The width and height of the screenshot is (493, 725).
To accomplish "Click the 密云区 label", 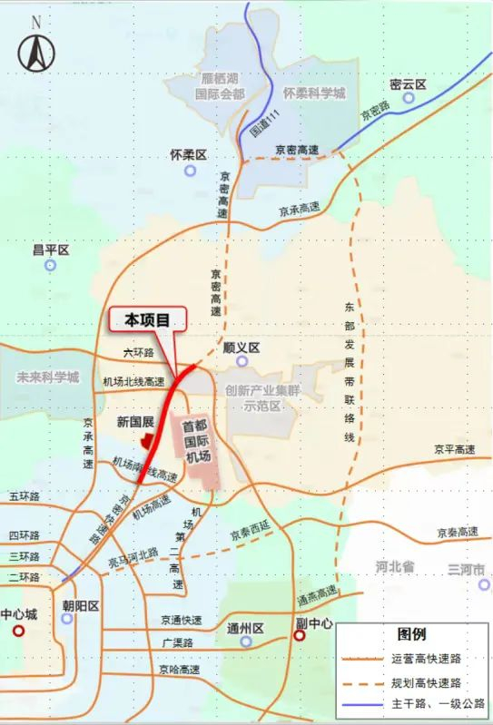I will (407, 84).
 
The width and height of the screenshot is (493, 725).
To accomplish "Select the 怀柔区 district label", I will (189, 155).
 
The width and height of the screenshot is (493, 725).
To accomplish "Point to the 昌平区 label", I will (51, 249).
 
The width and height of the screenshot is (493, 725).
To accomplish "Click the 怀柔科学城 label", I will (314, 93).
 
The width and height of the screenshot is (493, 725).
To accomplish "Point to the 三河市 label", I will (467, 569).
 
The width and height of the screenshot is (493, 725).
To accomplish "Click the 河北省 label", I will (394, 567).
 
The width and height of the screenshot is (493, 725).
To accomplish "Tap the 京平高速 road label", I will (454, 449).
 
